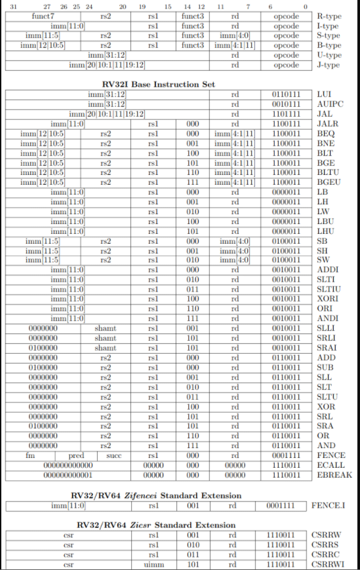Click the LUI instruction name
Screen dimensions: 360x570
click(x=323, y=94)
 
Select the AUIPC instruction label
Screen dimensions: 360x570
click(x=329, y=104)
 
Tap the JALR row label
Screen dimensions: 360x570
click(x=326, y=123)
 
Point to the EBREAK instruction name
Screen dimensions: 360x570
click(x=334, y=474)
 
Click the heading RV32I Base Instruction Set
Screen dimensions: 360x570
click(x=159, y=85)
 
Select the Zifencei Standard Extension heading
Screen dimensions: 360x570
click(x=159, y=495)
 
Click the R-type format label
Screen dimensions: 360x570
click(x=329, y=15)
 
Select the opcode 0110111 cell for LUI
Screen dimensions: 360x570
click(x=286, y=94)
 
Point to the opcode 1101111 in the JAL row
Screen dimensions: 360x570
click(x=286, y=113)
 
